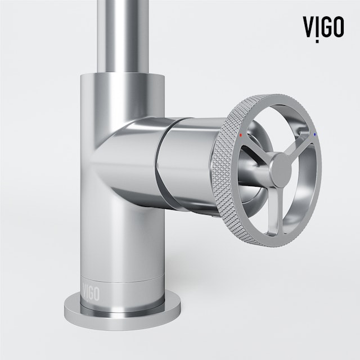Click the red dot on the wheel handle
[x=241, y=136]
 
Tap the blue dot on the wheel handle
[x=315, y=135]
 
